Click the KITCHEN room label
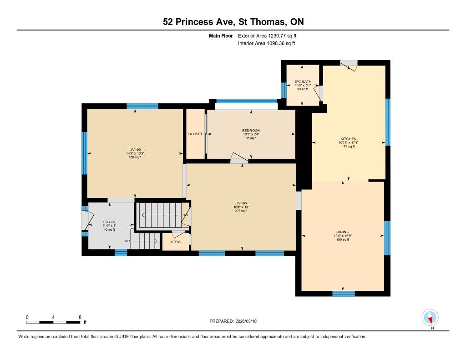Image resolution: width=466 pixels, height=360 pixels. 348,139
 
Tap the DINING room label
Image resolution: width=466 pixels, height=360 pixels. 343,232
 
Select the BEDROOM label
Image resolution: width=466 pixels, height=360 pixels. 251,131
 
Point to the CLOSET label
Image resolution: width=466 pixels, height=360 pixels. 195,134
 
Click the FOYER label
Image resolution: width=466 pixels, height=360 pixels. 109,222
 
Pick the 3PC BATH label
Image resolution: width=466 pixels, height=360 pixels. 303,81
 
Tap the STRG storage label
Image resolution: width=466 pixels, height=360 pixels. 176,242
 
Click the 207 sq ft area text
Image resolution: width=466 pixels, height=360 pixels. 241,211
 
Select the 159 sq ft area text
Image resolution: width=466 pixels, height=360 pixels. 135,157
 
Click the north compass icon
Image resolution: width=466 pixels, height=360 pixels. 430,318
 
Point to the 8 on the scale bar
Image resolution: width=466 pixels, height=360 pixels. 80,317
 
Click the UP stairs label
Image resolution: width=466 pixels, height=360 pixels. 127,241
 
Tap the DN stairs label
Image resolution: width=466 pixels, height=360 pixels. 185,215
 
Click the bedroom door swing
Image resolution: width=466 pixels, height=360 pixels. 239,158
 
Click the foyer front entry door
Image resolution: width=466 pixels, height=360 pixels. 85,220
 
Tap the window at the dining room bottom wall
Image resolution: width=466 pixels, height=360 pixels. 344,294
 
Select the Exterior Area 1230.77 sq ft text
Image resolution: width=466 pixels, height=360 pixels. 267,36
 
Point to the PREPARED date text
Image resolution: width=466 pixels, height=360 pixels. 233,321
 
